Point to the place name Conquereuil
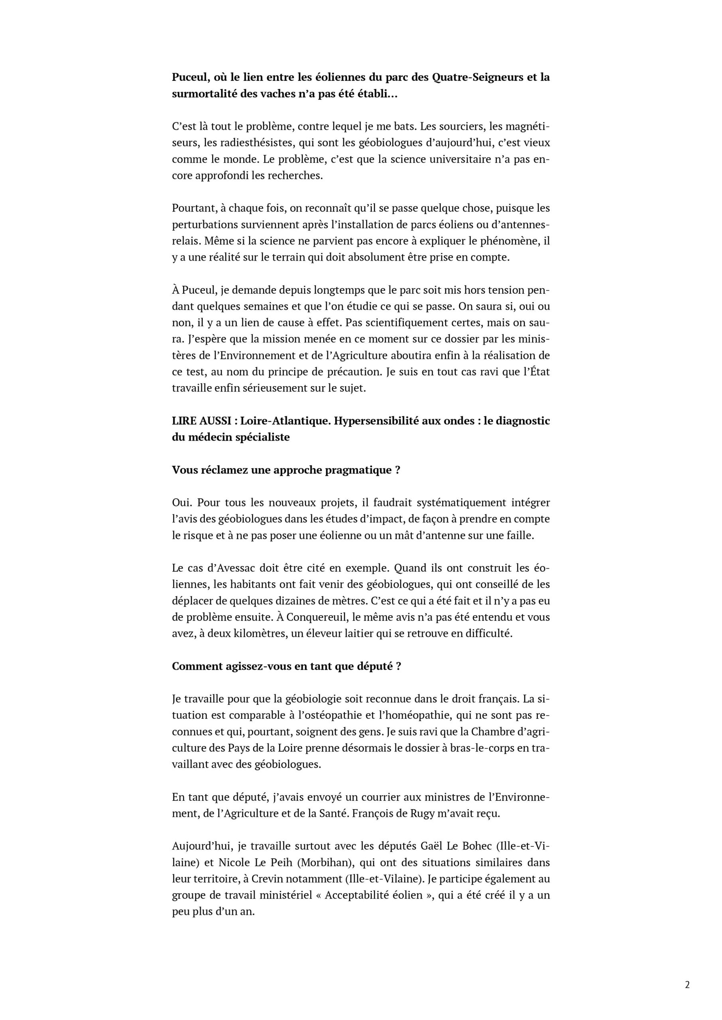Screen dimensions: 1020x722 coord(318,617)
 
